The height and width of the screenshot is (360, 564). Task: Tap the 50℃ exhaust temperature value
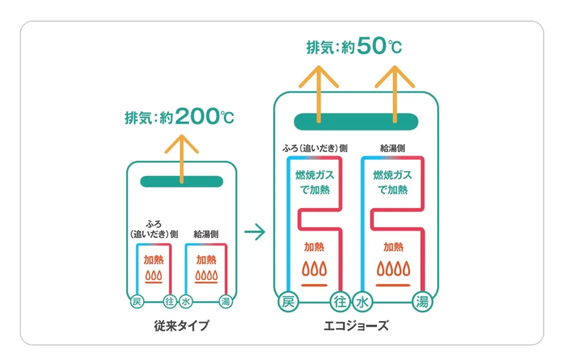coord(379,47)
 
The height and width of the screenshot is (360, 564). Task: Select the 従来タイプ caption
coord(181,326)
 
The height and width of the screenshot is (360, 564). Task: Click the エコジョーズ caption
coord(356,326)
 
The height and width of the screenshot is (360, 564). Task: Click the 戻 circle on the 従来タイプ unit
coord(136,301)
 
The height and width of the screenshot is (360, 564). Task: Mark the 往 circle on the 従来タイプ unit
coord(170,301)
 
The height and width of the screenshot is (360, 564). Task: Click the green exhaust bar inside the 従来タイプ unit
coord(181,181)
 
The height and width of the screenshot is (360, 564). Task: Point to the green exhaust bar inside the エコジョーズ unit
coord(356,121)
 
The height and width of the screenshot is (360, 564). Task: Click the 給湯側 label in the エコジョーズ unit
coord(393,149)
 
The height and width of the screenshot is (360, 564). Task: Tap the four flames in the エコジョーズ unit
coord(393,268)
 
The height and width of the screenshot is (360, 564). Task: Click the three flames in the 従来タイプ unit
coord(154,276)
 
